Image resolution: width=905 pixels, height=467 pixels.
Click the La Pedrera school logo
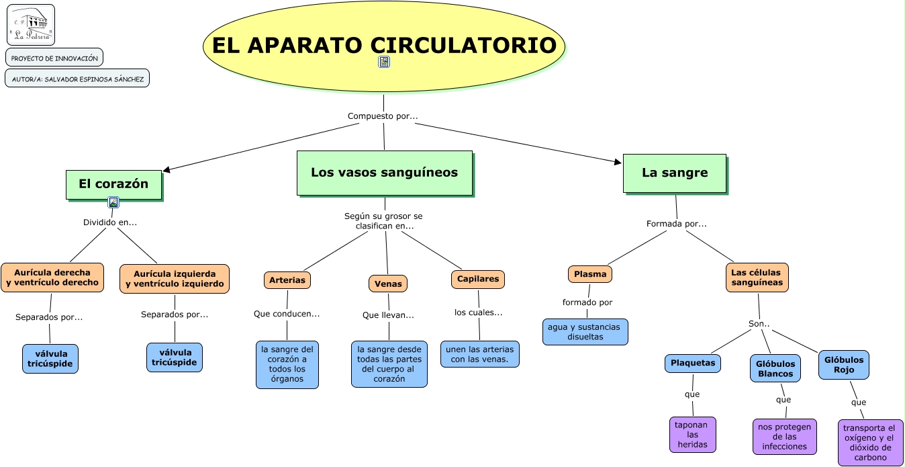[31, 25]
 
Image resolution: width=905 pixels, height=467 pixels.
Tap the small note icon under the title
[384, 62]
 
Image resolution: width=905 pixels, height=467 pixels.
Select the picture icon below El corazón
[113, 202]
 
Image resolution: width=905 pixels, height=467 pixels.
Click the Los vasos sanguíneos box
[385, 173]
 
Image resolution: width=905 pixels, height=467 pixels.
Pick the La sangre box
[675, 173]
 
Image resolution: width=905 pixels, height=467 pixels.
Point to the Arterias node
[287, 280]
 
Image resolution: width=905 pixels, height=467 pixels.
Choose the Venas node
[388, 284]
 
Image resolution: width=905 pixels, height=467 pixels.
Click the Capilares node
[478, 279]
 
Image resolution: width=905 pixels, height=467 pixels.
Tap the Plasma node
[590, 274]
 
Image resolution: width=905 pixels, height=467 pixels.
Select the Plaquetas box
[692, 363]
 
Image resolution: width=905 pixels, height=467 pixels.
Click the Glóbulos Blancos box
[775, 368]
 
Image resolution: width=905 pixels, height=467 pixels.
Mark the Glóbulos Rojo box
[844, 365]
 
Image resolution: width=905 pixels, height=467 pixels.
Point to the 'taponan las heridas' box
[692, 435]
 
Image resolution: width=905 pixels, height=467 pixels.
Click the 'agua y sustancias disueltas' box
[585, 332]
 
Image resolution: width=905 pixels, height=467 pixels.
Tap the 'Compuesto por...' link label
[383, 116]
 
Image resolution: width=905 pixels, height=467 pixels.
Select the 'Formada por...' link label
[676, 224]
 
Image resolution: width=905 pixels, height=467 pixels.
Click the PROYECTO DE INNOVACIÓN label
[54, 57]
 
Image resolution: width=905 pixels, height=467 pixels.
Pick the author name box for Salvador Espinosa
[77, 79]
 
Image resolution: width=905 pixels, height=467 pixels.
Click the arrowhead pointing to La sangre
[618, 162]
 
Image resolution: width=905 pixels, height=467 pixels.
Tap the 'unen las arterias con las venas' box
[479, 354]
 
